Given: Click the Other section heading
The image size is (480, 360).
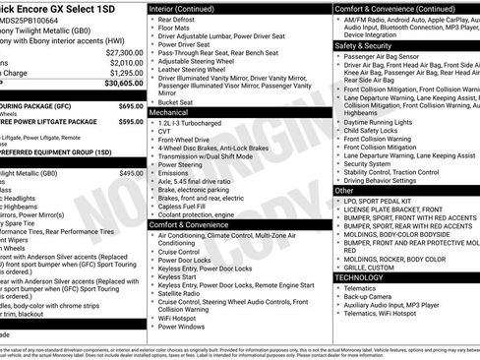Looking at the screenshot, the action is coord(345,190).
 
